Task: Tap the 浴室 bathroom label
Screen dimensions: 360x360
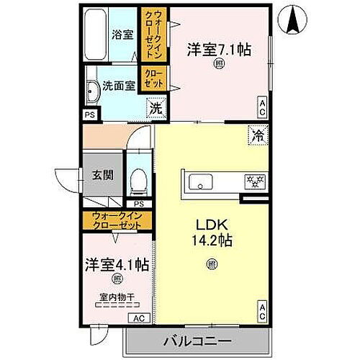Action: coord(120,34)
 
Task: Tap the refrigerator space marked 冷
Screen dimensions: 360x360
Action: coord(257,132)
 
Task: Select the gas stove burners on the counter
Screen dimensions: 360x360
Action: coord(253,181)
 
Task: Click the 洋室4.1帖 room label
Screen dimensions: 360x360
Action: coord(116,264)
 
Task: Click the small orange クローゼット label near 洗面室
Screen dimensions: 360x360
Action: coord(153,78)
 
